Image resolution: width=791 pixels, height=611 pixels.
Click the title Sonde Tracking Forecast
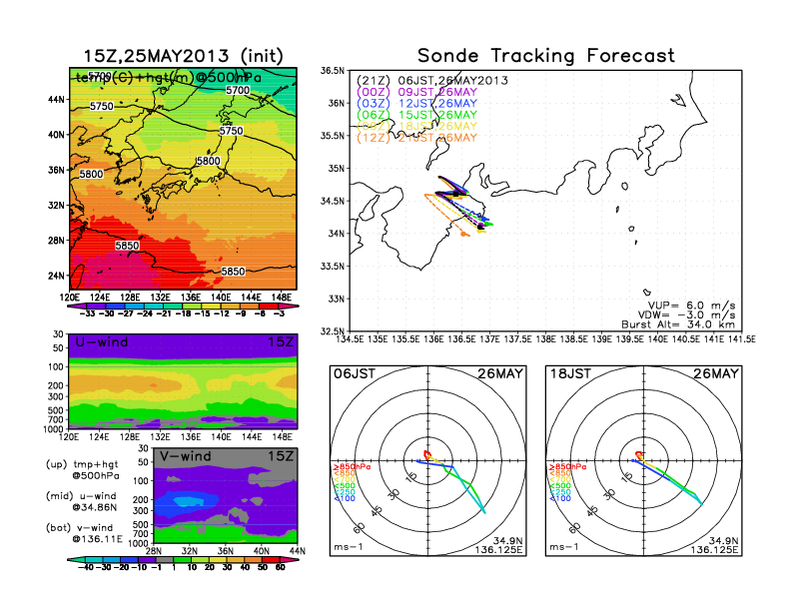pyautogui.click(x=545, y=56)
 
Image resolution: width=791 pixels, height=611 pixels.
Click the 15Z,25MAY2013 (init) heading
pyautogui.click(x=184, y=56)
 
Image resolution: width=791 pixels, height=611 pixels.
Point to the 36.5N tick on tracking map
pyautogui.click(x=334, y=71)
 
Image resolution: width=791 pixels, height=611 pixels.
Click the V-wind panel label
pyautogui.click(x=187, y=456)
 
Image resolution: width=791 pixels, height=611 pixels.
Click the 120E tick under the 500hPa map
pyautogui.click(x=70, y=298)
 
